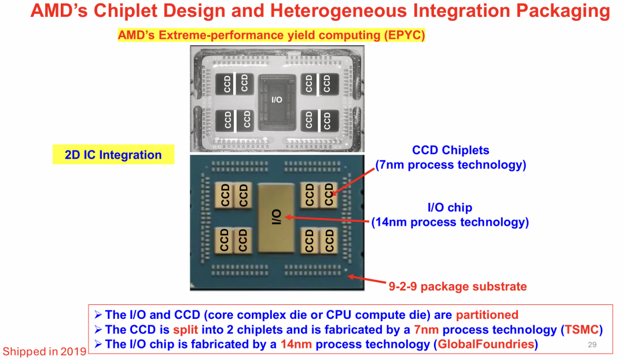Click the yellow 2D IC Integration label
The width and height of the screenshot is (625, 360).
(113, 155)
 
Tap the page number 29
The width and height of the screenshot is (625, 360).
(591, 345)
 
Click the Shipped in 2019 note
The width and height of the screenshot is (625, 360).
(45, 351)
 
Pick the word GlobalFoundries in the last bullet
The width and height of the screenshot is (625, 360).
(485, 345)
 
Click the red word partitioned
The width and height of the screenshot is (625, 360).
(487, 315)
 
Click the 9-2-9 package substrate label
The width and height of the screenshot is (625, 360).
(457, 286)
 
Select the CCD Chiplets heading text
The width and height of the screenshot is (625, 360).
(450, 150)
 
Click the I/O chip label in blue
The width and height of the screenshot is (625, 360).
(450, 208)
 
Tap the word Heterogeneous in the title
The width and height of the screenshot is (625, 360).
(325, 11)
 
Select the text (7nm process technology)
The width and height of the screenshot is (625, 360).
(451, 165)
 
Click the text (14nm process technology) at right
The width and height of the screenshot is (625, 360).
(450, 222)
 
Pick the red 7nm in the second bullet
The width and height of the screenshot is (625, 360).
(427, 330)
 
